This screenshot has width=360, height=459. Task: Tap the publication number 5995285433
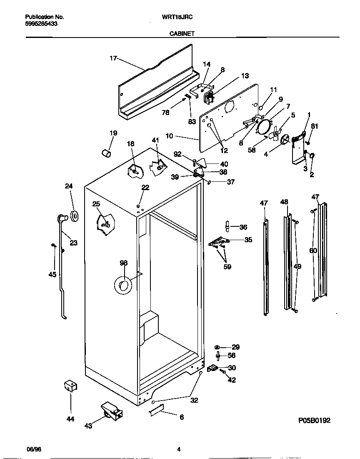[41, 24]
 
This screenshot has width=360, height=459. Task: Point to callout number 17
[113, 58]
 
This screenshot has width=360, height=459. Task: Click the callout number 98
[123, 263]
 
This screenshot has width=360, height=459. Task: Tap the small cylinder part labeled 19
[107, 154]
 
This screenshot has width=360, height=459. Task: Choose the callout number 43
[88, 425]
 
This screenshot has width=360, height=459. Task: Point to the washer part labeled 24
[75, 216]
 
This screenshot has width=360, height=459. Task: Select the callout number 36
[243, 227]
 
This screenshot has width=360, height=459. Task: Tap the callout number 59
[227, 266]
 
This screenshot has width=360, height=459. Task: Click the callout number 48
[284, 202]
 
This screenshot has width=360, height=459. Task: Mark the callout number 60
[313, 251]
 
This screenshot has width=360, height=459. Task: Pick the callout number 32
[194, 400]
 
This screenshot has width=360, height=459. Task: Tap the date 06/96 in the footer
[35, 450]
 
